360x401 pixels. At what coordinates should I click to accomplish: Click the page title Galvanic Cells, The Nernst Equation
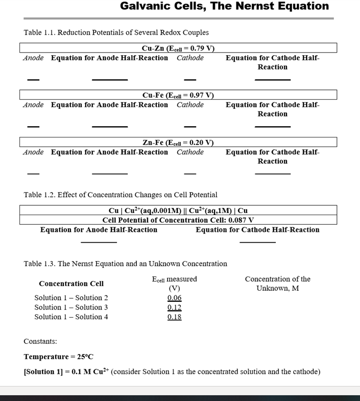tap(224, 7)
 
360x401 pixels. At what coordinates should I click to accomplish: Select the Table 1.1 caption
tap(116, 33)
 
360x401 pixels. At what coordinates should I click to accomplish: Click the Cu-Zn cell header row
tap(178, 48)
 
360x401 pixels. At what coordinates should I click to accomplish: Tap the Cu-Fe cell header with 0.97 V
tap(178, 95)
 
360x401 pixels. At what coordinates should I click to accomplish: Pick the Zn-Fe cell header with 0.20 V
tap(178, 143)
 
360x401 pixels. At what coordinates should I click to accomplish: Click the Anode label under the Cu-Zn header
tap(33, 58)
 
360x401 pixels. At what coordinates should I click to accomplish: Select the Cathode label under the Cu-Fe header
tap(190, 105)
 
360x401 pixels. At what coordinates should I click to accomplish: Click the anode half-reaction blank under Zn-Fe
tap(109, 174)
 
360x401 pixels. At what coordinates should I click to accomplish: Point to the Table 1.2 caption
tap(121, 195)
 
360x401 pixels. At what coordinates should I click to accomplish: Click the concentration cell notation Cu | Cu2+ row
tap(178, 210)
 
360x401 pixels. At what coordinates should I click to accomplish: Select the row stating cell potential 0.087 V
tap(178, 220)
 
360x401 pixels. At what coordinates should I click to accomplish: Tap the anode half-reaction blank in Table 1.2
tap(99, 242)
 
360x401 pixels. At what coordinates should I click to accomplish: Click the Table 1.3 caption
tap(125, 264)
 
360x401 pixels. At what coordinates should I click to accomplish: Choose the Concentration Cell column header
tap(71, 284)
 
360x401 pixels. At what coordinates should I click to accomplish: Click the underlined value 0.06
tap(174, 298)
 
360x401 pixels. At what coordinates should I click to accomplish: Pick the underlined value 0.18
tap(174, 317)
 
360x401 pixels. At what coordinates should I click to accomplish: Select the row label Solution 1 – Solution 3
tap(71, 308)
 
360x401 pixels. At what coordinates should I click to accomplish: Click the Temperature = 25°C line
tap(58, 357)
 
